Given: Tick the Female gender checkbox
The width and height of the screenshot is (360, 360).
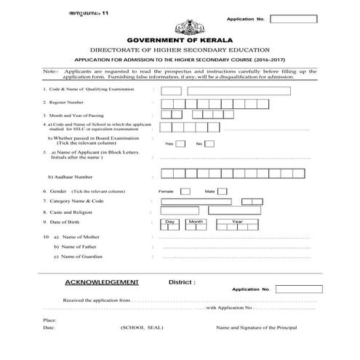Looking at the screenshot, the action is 185,191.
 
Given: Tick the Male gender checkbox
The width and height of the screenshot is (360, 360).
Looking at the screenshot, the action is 223,191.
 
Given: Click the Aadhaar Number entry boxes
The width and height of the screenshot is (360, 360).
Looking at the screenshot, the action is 237,174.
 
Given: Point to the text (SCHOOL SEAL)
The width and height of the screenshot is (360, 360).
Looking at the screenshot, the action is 142,329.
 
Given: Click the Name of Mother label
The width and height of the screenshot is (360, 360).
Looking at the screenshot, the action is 83,237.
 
